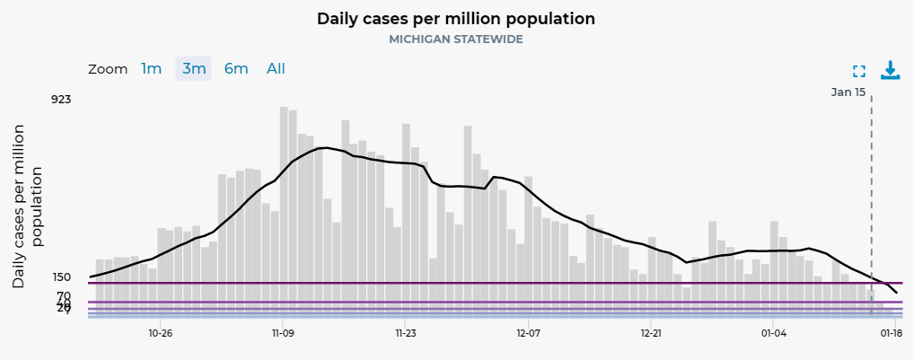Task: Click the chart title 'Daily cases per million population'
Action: point(456,19)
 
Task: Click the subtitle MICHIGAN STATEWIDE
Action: point(456,40)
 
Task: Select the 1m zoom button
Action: point(152,69)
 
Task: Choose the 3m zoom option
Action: point(194,69)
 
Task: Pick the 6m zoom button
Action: point(236,69)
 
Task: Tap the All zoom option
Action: point(277,69)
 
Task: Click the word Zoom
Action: point(108,69)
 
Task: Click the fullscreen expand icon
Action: point(859,72)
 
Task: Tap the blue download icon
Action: point(890,70)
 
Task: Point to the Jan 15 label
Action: point(848,92)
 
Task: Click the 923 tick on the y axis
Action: point(61,99)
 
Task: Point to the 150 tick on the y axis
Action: point(61,277)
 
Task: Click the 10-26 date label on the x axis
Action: point(160,332)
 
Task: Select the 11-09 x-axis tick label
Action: point(283,332)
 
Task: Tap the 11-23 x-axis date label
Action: point(405,332)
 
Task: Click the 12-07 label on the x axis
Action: point(528,332)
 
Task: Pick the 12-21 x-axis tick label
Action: point(651,332)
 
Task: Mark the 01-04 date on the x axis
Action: point(773,332)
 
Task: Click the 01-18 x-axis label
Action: point(891,332)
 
